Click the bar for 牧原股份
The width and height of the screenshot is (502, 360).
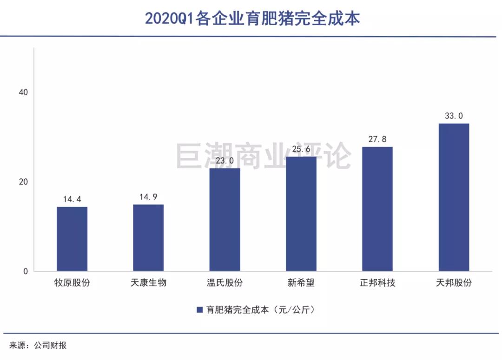click(x=72, y=239)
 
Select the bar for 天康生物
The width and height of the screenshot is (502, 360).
click(x=148, y=237)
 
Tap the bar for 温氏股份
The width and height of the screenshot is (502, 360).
click(x=225, y=219)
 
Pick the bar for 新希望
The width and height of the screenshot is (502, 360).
click(x=301, y=214)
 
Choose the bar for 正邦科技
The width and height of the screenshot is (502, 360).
click(x=377, y=209)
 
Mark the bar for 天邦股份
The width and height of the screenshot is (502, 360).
click(x=454, y=197)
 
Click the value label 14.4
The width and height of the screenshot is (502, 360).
click(x=72, y=199)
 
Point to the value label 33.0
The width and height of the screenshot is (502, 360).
click(x=454, y=116)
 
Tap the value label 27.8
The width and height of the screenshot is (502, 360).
click(x=377, y=139)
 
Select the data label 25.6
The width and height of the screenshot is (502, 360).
click(x=301, y=149)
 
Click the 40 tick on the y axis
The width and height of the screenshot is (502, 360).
click(x=23, y=92)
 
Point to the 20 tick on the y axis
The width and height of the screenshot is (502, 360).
click(x=23, y=182)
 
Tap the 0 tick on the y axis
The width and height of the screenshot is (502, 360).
click(x=26, y=272)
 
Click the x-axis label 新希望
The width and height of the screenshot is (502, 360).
click(x=301, y=282)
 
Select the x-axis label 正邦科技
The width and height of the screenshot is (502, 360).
click(x=377, y=282)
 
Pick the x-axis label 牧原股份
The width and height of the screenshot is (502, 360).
click(x=72, y=282)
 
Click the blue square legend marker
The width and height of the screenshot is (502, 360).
click(x=200, y=310)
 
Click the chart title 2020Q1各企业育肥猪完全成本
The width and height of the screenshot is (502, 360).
click(x=252, y=19)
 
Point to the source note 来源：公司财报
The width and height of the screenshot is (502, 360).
click(x=38, y=345)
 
